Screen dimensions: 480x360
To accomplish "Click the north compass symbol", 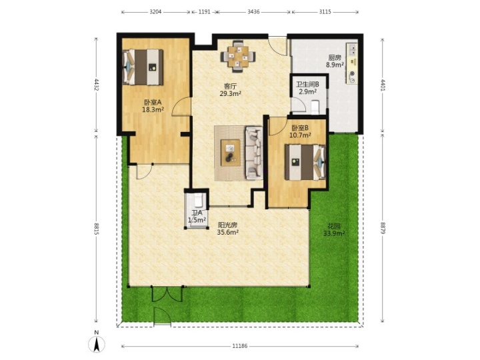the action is click(97, 344).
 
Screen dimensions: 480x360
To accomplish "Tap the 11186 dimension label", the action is click(240, 346).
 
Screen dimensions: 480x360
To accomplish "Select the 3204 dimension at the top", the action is click(155, 12).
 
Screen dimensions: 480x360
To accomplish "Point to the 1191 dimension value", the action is click(204, 12).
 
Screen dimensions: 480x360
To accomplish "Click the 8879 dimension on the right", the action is click(383, 228).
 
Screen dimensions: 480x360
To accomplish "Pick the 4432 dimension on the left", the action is click(97, 85).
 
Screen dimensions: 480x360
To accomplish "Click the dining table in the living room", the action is click(239, 56).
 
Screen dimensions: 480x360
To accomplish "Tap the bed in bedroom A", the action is click(143, 67).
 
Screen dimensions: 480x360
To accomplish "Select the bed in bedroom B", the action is click(305, 162).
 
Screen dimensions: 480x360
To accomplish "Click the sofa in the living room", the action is click(254, 153).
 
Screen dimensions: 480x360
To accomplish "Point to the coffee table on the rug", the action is click(231, 153).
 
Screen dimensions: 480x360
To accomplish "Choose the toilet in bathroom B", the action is click(315, 107).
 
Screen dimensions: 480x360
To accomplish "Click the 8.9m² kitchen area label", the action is click(335, 65).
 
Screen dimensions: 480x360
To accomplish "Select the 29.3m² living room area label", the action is click(230, 94).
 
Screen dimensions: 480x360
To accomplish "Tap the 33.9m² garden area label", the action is click(334, 233).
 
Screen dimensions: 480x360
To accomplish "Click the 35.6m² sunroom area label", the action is click(228, 233).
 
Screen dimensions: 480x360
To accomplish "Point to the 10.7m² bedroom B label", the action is click(301, 135).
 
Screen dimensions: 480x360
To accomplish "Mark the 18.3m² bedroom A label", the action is click(153, 109).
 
